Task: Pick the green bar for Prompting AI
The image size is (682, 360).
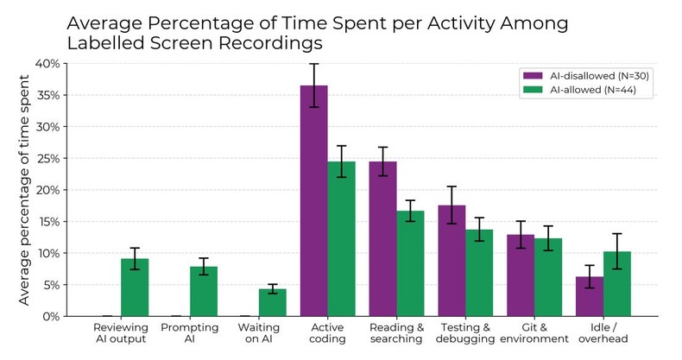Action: [203, 292]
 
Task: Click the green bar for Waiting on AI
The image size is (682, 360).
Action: [272, 303]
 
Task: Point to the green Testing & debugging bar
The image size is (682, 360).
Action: [479, 273]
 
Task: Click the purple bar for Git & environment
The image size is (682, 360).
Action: [521, 275]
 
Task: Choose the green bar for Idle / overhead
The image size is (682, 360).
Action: [617, 284]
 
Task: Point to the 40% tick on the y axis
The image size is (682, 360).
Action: [50, 64]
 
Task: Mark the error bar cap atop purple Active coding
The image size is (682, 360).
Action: [313, 64]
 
